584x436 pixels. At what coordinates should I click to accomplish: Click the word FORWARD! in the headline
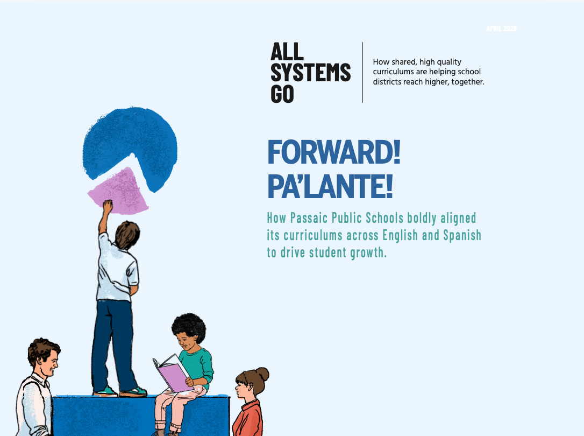333,153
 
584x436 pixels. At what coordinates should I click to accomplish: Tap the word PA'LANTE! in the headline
330,186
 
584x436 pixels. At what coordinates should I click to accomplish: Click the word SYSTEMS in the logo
310,73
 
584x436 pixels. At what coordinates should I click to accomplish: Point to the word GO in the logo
282,94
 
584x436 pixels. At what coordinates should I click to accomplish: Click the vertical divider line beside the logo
362,72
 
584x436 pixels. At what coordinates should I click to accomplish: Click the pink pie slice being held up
119,191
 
